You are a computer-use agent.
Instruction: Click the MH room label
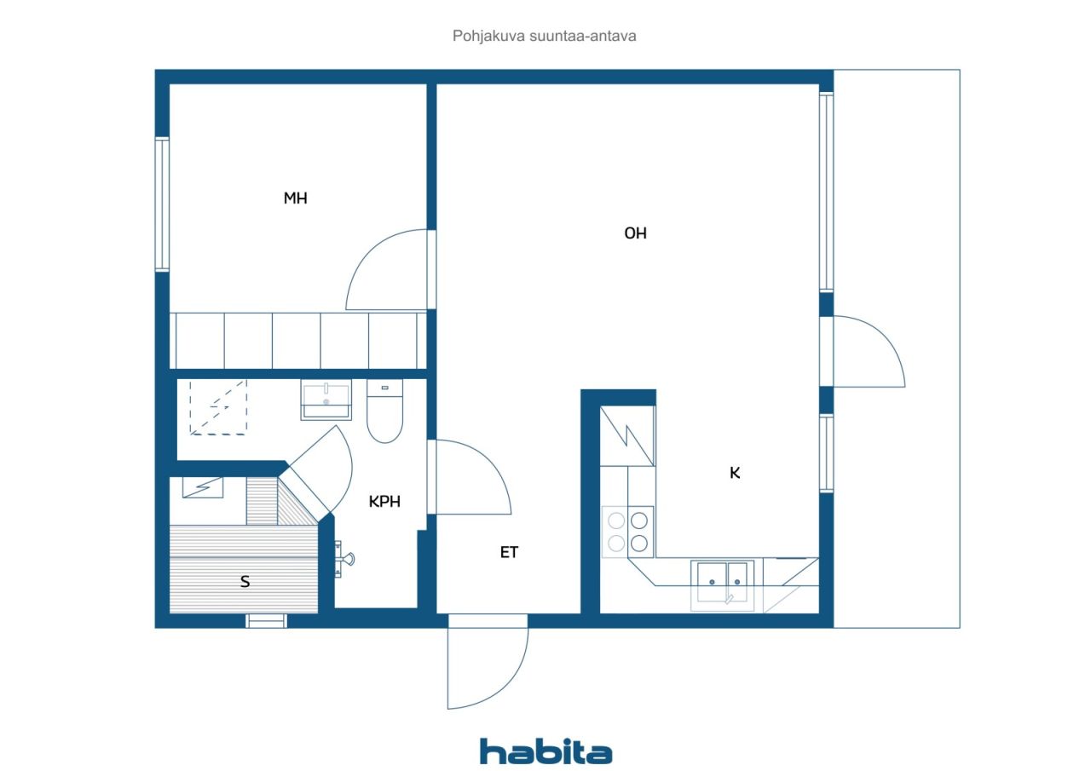295,199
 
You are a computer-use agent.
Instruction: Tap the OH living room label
635,233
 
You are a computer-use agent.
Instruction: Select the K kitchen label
735,473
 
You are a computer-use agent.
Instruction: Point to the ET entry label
509,552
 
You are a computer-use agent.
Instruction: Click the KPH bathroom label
384,501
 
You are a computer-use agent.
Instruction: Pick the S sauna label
245,581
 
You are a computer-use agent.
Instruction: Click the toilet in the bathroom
384,411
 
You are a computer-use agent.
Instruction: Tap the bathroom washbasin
326,400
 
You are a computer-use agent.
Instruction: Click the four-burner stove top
628,532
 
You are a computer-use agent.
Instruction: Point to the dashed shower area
218,407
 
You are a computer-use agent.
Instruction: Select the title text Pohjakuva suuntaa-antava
544,36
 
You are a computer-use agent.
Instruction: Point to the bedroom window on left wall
162,204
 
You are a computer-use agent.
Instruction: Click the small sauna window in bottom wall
266,620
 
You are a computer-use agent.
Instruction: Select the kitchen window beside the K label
826,453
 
